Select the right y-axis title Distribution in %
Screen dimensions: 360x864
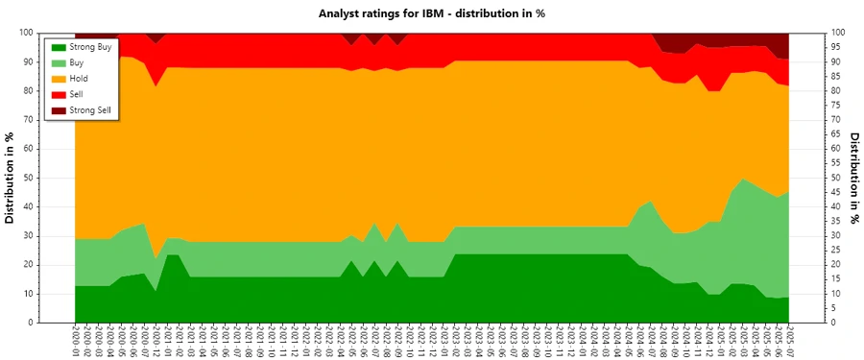(x=853, y=179)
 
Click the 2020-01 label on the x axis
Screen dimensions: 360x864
(x=75, y=341)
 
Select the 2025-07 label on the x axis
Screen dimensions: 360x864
(x=789, y=341)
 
